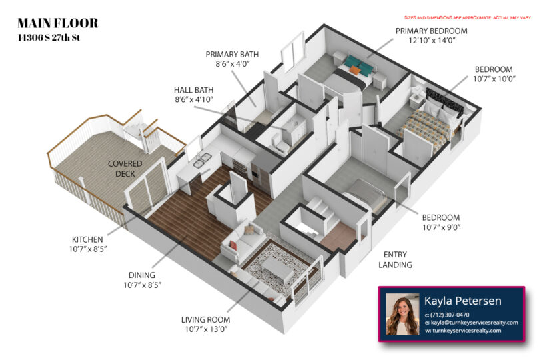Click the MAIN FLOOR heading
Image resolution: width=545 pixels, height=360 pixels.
point(58,23)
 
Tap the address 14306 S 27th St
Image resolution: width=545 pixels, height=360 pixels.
point(49,37)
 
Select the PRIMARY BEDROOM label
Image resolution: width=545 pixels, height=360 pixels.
point(431,31)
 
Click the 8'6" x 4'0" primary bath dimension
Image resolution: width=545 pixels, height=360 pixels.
point(232,64)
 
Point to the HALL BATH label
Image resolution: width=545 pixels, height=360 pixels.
point(194,90)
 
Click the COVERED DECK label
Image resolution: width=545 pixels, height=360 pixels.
point(125,169)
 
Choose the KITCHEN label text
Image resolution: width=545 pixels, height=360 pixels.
point(87,239)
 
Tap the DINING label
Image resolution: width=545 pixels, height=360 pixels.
point(142,275)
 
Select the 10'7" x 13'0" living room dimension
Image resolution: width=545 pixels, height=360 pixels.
point(206,329)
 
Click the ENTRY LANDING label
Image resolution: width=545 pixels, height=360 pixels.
point(395,259)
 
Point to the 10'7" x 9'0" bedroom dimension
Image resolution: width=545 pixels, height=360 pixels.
point(442,227)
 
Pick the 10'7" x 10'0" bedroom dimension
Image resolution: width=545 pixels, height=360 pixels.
point(494,79)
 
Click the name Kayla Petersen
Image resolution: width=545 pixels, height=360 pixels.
point(462,301)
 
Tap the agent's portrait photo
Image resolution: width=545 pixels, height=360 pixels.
point(402,314)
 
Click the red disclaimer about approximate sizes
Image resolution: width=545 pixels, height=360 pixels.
point(468,18)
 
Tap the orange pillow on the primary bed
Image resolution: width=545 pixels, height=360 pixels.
point(355,70)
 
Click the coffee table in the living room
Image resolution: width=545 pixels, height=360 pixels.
point(278,269)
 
